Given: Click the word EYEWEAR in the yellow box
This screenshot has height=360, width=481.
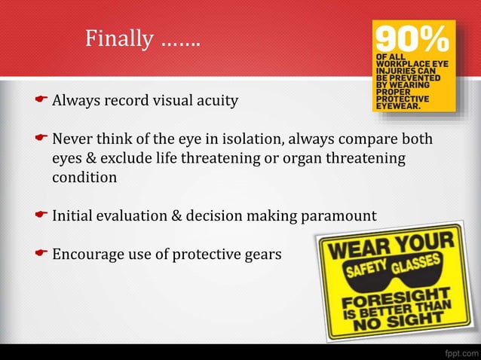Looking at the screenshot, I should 401,106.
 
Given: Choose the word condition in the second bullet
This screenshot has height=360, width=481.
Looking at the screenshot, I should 84,178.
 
